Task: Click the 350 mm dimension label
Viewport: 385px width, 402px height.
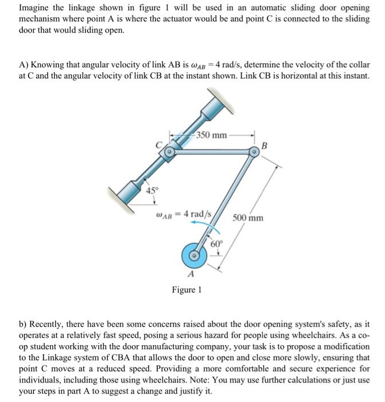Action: [x=211, y=136]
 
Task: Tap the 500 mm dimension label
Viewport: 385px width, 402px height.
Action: [x=248, y=218]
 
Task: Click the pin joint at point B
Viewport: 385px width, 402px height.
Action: [x=253, y=152]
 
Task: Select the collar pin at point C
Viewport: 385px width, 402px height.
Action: [x=169, y=153]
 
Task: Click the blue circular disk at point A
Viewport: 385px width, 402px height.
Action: [x=195, y=254]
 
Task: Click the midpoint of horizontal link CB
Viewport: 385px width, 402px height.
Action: [x=211, y=153]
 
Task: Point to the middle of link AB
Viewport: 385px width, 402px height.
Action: [x=224, y=203]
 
